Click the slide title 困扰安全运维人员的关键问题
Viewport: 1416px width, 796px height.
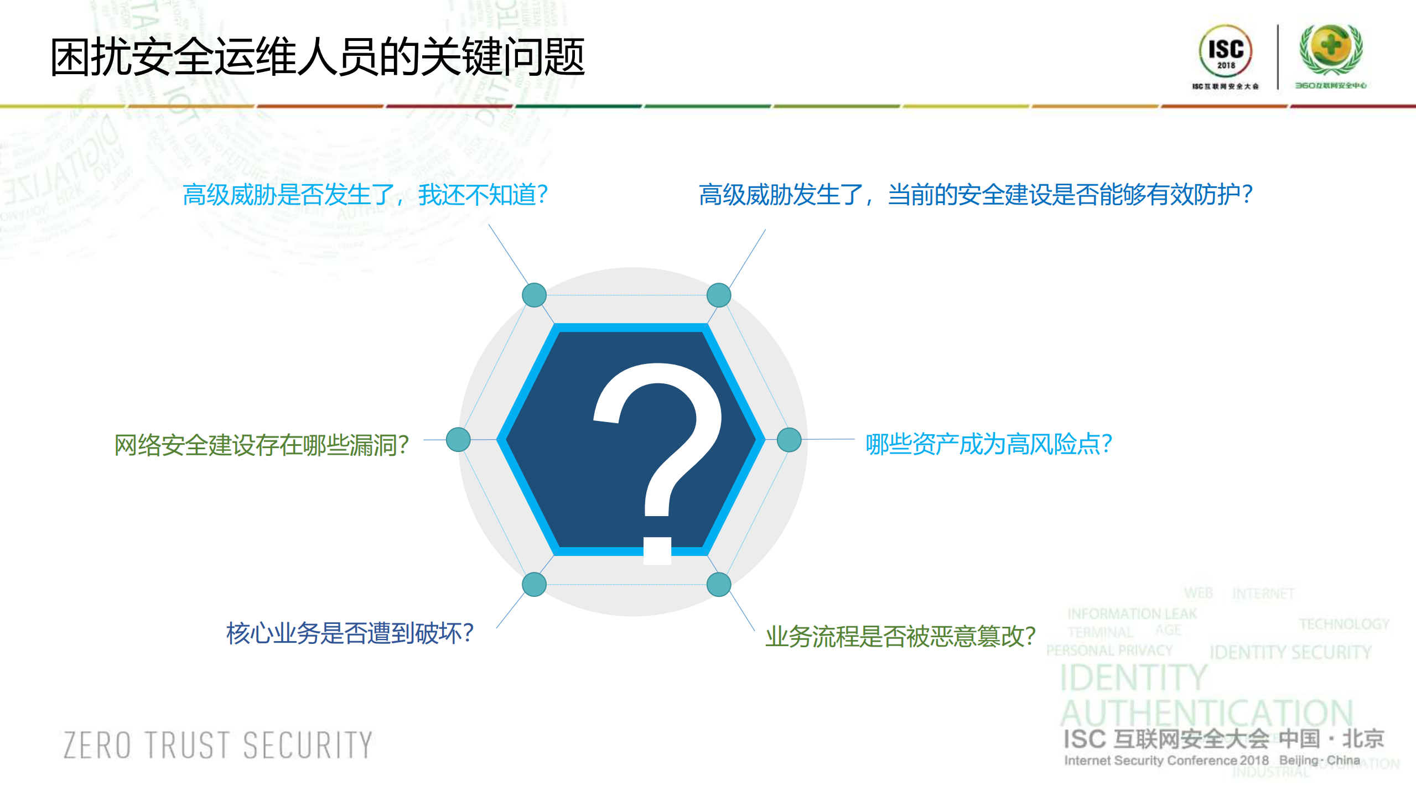[x=317, y=57]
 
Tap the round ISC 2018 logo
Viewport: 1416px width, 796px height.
[x=1225, y=51]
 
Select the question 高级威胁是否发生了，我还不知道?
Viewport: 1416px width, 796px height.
[x=365, y=195]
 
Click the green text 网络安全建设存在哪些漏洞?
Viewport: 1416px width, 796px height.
[x=261, y=445]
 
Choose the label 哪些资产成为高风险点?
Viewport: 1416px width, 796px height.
[x=989, y=444]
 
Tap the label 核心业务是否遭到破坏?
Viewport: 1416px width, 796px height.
[x=350, y=633]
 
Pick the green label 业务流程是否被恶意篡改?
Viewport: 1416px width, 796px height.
[x=900, y=636]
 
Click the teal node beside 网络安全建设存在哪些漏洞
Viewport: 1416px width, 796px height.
[x=458, y=440]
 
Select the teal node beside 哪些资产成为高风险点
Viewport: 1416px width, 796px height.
[x=789, y=440]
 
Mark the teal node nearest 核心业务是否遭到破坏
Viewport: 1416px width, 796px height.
[x=534, y=585]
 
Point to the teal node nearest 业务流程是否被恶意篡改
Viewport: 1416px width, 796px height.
[x=719, y=585]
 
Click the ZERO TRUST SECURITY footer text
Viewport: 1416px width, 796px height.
[x=218, y=745]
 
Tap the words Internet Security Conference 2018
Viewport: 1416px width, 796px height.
[x=1166, y=761]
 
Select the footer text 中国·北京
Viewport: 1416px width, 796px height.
[x=1331, y=738]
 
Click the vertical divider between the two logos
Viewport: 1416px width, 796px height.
[x=1278, y=56]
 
